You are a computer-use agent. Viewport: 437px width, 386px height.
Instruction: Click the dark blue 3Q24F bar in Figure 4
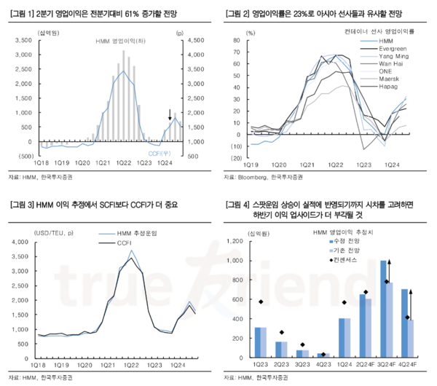383,309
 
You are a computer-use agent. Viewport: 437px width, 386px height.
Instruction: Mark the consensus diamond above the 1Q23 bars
261,302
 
